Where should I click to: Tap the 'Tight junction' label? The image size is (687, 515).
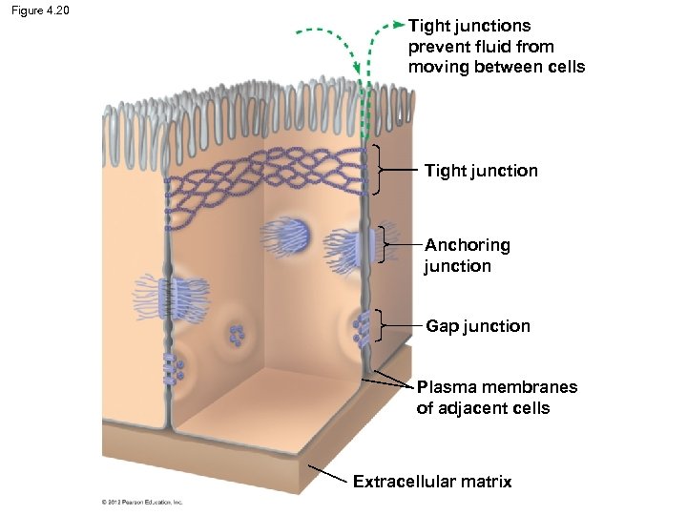pos(481,171)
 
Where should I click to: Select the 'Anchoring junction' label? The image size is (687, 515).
pos(467,256)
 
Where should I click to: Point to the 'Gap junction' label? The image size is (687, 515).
pos(477,326)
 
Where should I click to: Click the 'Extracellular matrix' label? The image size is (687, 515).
pos(431,482)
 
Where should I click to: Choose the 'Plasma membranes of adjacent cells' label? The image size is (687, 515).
pos(496,398)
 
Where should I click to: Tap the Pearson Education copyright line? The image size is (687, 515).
pos(142,502)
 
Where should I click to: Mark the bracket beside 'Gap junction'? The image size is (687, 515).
pos(379,325)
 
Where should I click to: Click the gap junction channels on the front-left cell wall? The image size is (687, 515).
pos(172,367)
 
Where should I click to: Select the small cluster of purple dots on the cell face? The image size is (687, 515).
pos(236,335)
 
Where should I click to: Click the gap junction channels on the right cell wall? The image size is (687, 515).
pos(361,327)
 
